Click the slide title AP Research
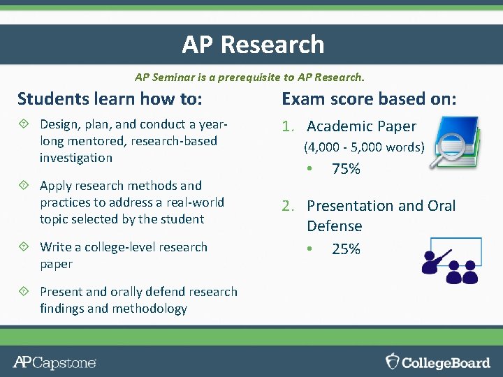coord(253,45)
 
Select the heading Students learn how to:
coord(110,99)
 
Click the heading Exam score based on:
coord(368,99)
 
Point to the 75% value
coord(346,169)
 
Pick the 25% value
coord(346,249)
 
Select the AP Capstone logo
coord(54,362)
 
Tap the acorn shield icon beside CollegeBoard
coord(393,362)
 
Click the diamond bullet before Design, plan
coord(23,124)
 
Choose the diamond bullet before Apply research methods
coord(23,186)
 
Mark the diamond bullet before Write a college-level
coord(23,247)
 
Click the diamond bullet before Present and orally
coord(23,292)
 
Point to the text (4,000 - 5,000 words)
coord(363,147)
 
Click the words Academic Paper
coord(361,126)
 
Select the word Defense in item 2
coord(334,226)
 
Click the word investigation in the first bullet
coord(75,158)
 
